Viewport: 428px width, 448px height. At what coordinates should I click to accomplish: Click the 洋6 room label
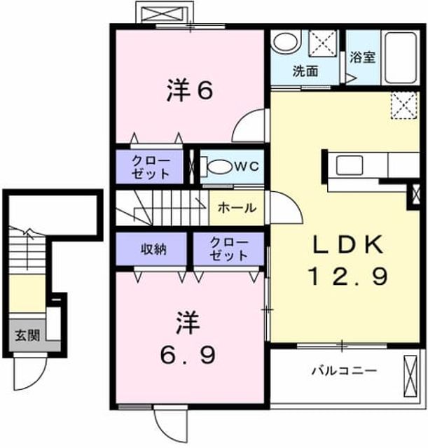[x=190, y=90]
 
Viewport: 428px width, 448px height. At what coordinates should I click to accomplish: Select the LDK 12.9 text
[x=347, y=260]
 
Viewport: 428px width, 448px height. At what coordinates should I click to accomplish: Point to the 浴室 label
[x=363, y=57]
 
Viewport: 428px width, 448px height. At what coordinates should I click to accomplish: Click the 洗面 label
[x=305, y=71]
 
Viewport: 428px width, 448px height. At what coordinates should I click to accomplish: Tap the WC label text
[x=247, y=166]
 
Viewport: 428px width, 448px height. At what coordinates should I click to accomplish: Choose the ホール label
[x=237, y=208]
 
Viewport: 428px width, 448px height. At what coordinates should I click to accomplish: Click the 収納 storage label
[x=153, y=249]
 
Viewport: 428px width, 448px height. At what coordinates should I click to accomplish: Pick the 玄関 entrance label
[x=27, y=335]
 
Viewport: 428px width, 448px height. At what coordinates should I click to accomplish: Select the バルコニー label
[x=344, y=371]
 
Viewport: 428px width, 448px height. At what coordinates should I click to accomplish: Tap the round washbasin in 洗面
[x=287, y=42]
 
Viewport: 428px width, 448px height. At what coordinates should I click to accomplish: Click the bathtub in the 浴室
[x=400, y=57]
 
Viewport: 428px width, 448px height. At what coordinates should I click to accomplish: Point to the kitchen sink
[x=350, y=165]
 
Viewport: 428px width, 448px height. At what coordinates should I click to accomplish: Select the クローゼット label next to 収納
[x=229, y=249]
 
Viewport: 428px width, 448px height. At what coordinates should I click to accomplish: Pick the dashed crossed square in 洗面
[x=323, y=43]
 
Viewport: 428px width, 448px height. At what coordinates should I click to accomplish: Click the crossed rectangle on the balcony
[x=410, y=376]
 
